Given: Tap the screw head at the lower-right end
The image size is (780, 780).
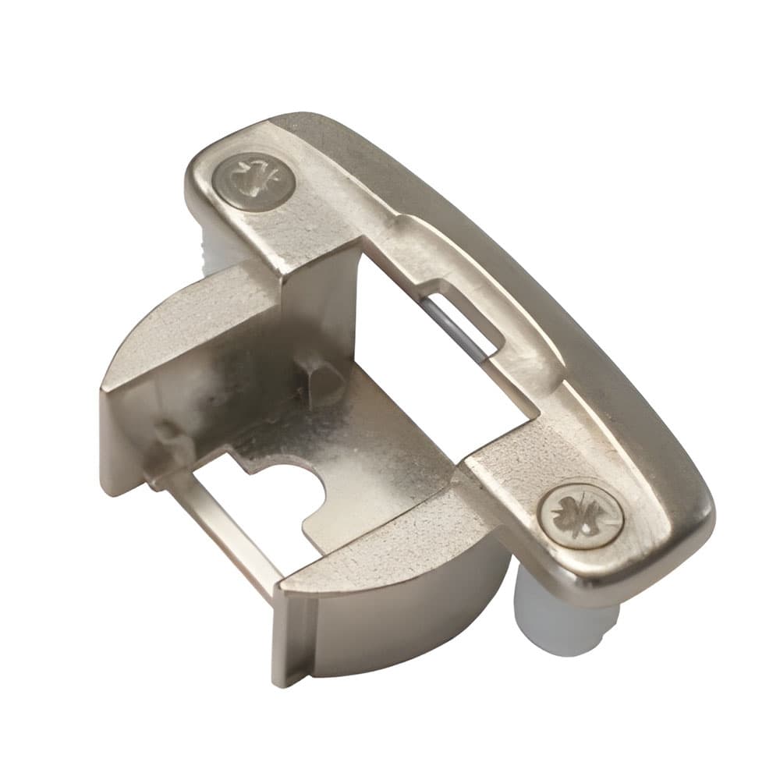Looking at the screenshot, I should (581, 516).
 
